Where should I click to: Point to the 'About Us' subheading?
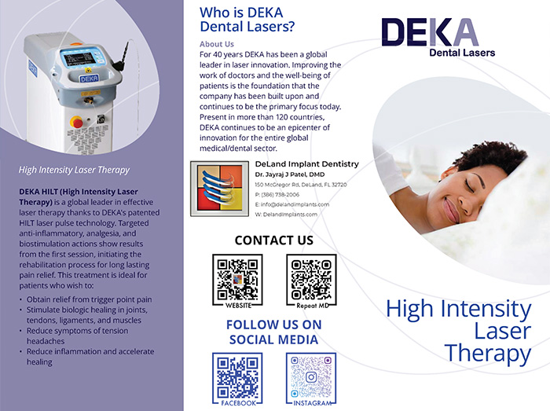[x=217, y=44]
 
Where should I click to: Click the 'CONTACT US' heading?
[x=273, y=240]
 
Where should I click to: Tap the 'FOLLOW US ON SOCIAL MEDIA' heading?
[x=273, y=332]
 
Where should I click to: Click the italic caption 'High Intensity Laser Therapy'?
[x=74, y=169]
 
